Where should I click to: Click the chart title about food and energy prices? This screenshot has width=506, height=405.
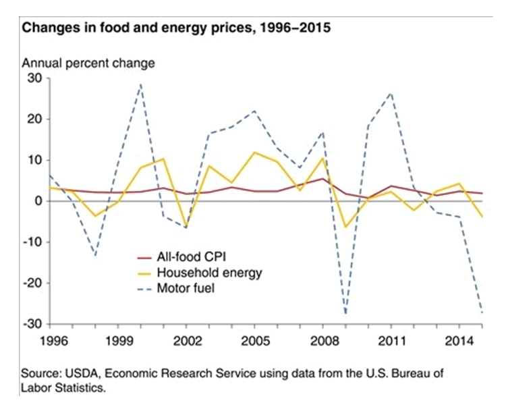coord(177,30)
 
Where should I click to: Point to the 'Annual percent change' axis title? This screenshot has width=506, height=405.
coord(88,63)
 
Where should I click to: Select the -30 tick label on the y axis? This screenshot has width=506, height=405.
coord(31,324)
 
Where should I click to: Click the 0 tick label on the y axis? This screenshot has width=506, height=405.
coord(38,201)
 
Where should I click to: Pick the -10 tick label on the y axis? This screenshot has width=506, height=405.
coord(31,242)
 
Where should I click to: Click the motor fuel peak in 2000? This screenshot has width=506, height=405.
coord(140,84)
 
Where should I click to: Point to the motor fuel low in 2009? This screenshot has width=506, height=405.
coord(346,315)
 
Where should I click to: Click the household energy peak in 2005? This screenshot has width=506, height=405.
coord(254,153)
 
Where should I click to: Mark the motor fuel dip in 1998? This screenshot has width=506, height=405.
coord(96,255)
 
